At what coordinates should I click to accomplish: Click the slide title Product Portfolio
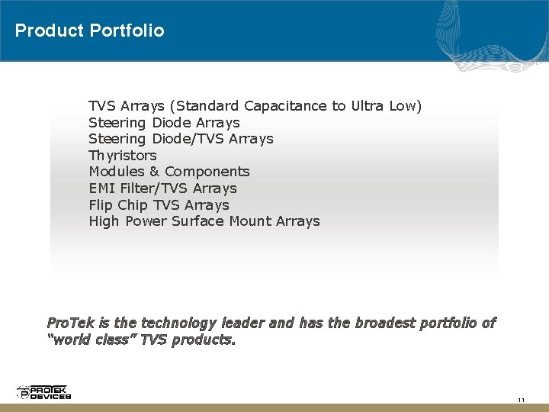coord(89,31)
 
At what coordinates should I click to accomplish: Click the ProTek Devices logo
coord(43,392)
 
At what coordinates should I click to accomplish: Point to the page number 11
coord(522,401)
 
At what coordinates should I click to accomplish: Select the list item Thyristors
coord(123,156)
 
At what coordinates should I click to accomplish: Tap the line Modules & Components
coord(169,172)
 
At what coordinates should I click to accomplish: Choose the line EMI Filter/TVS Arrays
coord(162,188)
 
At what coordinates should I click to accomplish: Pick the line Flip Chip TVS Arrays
coord(159,205)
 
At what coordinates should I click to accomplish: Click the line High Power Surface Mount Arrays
coord(204,221)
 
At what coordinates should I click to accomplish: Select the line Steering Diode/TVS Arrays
coord(181,139)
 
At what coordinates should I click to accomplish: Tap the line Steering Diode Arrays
coord(164,123)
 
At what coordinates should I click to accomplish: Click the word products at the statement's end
coord(204,340)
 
